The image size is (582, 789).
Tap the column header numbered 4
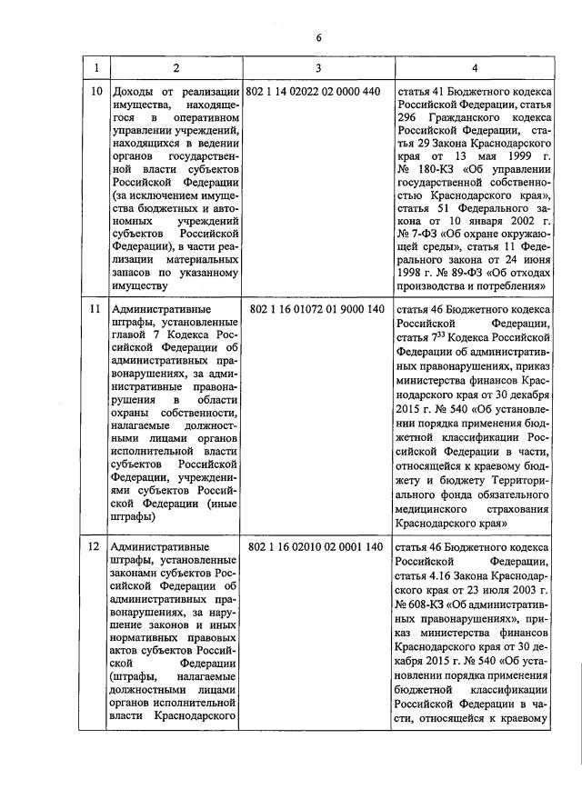tap(474, 69)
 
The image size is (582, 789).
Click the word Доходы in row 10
tap(132, 93)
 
